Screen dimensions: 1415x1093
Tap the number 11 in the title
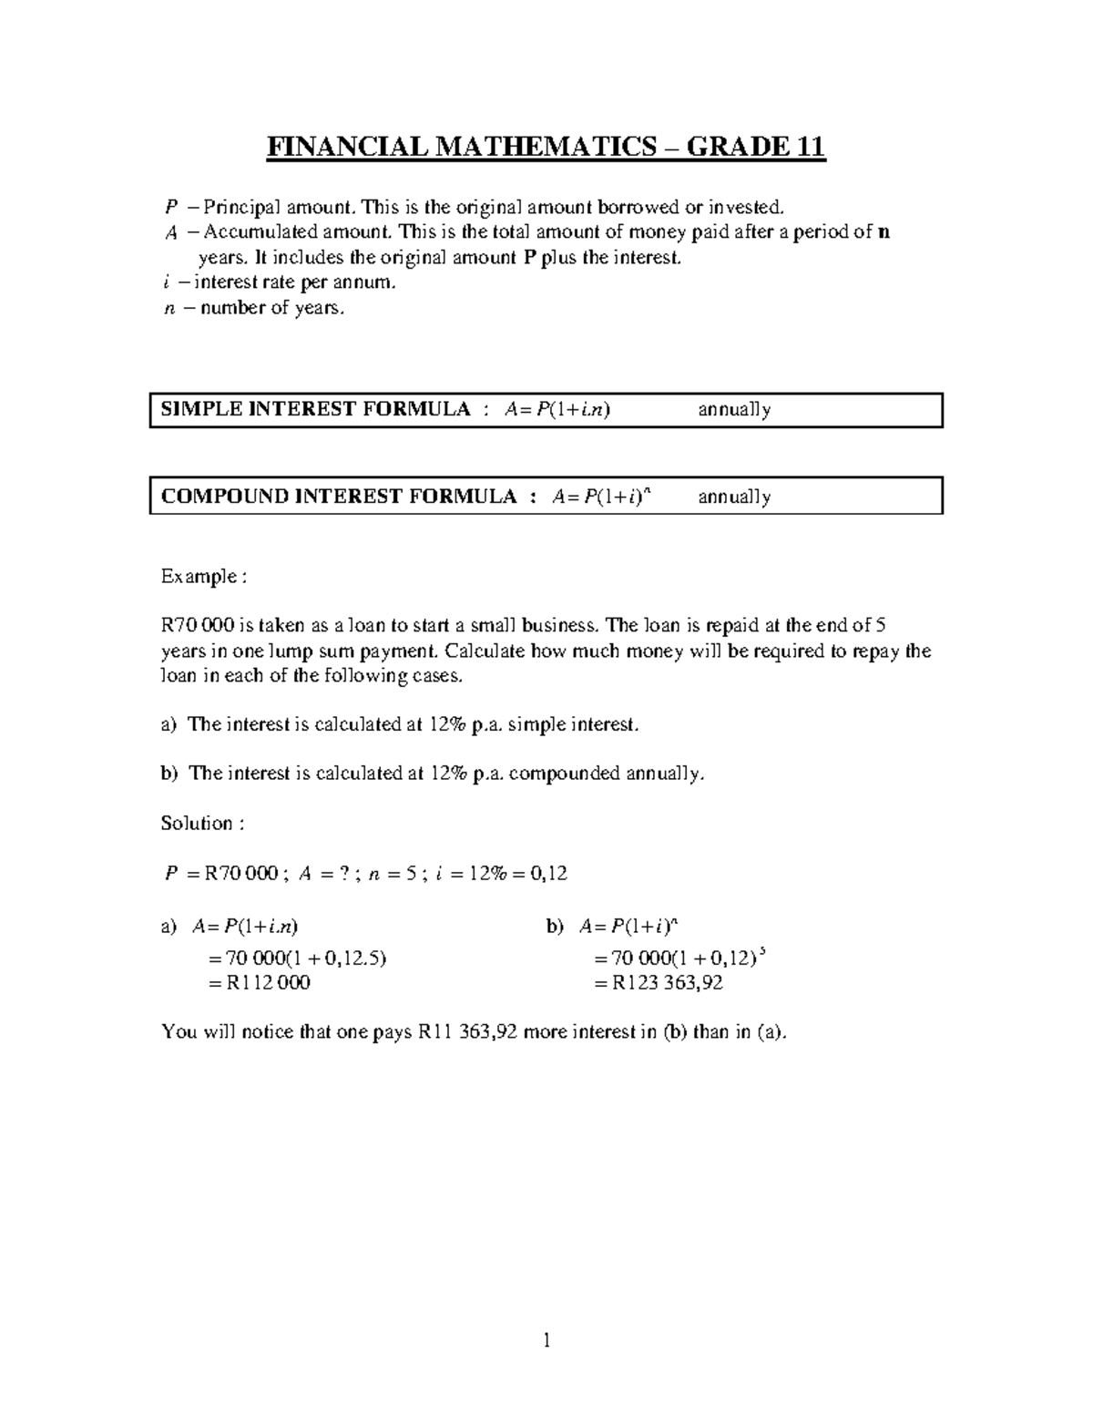[808, 147]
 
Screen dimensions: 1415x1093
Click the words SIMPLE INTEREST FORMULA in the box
[315, 409]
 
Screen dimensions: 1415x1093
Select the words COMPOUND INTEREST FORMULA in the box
[338, 497]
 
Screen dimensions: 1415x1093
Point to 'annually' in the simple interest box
[734, 410]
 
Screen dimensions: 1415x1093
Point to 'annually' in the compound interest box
[734, 497]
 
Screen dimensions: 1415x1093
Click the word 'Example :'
[203, 577]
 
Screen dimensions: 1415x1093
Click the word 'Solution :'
[202, 824]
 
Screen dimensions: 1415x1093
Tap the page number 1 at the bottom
[546, 1339]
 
